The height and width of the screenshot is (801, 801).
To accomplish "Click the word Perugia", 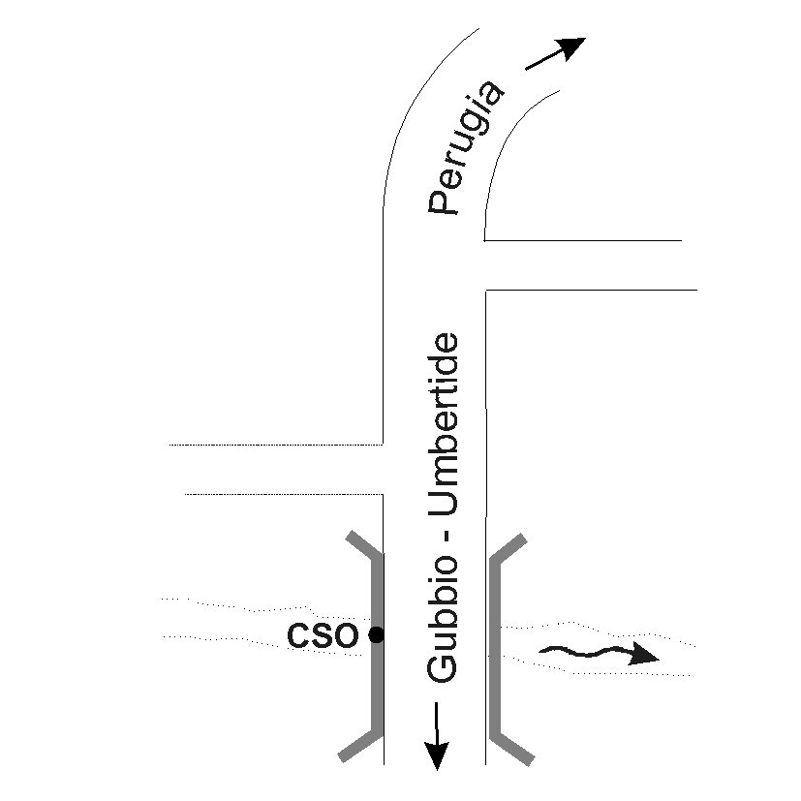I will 467,149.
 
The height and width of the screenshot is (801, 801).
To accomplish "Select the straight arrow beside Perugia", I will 554,54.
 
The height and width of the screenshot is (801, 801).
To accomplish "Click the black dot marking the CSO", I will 377,635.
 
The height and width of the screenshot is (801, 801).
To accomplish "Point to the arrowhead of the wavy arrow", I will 643,656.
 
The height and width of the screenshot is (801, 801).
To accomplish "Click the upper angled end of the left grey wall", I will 362,544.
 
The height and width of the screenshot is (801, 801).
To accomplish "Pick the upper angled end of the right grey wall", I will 509,547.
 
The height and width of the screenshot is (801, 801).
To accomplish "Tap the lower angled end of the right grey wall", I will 511,747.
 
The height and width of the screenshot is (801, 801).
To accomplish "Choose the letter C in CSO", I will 299,635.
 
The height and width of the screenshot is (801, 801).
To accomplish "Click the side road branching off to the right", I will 591,264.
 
